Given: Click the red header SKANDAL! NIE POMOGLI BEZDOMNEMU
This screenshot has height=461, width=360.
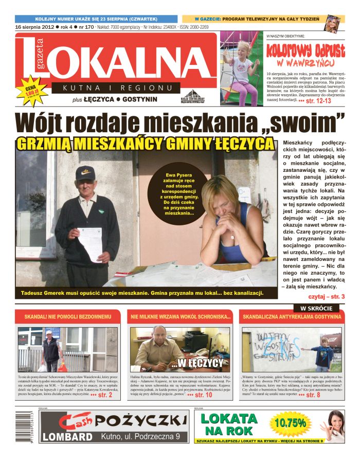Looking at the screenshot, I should coord(68,317).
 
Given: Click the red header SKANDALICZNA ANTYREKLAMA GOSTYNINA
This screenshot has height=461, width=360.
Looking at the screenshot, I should coord(292,317).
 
